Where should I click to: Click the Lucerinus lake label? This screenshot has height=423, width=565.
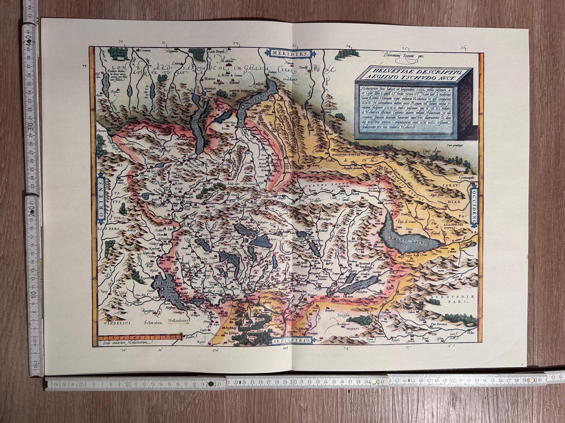[x=258, y=240]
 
